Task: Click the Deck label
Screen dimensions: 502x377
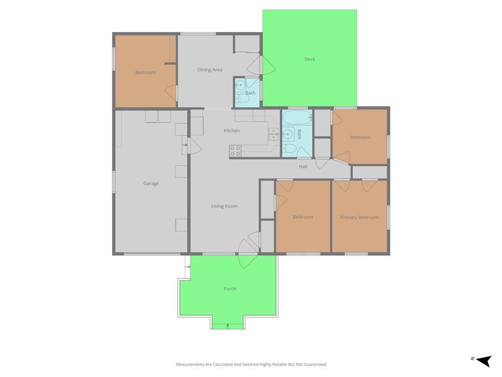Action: coord(310,59)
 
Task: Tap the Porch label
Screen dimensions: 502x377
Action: coord(230,289)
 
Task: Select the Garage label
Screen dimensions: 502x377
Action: coord(151,184)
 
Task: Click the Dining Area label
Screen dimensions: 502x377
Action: coord(210,70)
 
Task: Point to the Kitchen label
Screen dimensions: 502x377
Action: coord(231,131)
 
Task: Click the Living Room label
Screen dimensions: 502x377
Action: coord(225,206)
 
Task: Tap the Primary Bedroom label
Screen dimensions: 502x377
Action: coord(359,217)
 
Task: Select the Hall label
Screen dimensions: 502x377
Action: coord(303,166)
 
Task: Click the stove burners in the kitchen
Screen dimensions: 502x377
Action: coord(235,151)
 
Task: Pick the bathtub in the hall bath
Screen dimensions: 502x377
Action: coord(297,118)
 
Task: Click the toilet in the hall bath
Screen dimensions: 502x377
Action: coord(289,148)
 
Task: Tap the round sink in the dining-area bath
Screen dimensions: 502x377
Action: coord(240,85)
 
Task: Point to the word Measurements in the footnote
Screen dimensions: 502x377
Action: coord(190,364)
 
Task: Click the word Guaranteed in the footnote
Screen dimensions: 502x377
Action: coord(315,364)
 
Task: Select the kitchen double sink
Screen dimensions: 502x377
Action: coord(274,134)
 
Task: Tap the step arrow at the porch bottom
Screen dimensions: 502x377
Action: coord(227,326)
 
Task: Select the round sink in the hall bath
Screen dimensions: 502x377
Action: coord(288,134)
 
